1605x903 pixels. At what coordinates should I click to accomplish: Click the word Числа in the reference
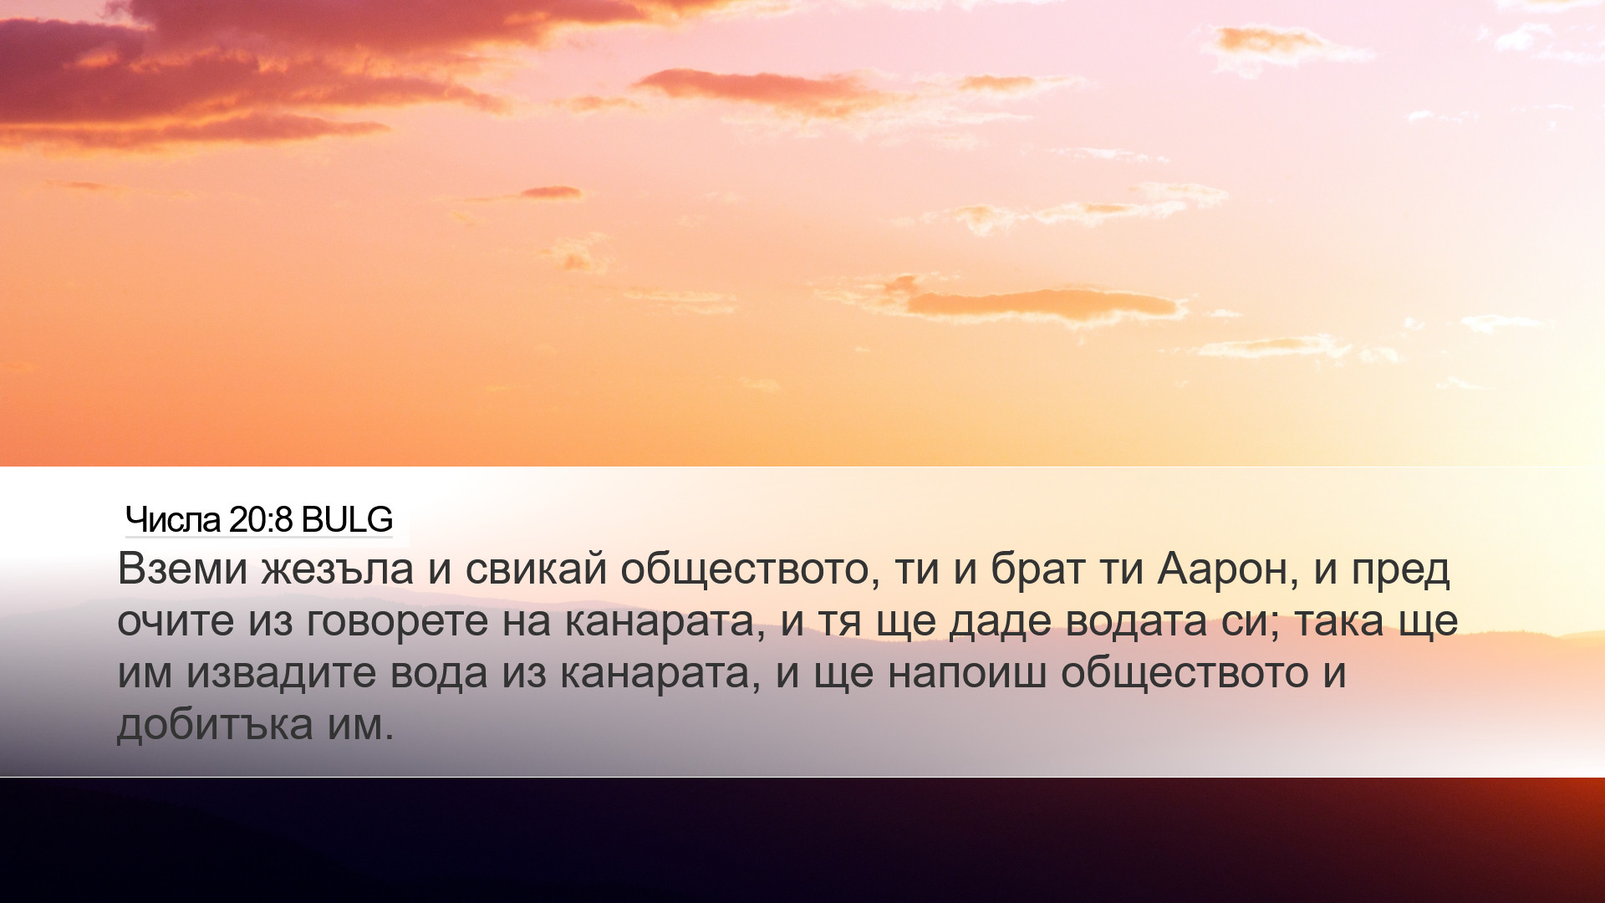coord(173,520)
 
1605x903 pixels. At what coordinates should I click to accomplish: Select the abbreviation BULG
coord(347,520)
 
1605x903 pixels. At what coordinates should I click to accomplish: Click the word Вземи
coord(183,569)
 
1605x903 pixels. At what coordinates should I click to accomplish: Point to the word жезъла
coord(338,569)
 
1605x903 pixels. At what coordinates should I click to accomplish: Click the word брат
coord(1038,569)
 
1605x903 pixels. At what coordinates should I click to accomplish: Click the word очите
coord(176,622)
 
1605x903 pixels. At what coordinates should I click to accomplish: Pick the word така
coord(1339,622)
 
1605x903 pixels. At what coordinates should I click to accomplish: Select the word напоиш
coord(966,673)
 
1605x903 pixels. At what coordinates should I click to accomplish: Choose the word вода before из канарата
coord(439,674)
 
